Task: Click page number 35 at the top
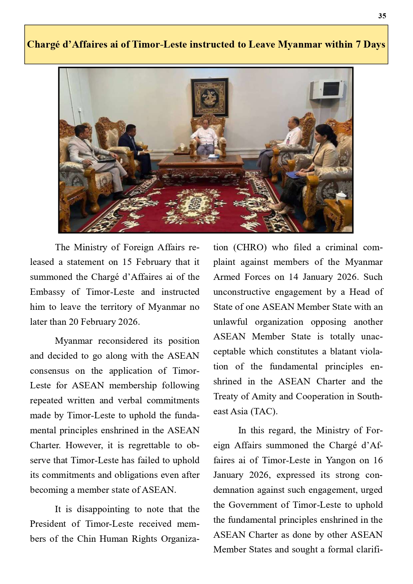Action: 382,16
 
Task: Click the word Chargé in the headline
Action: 43,44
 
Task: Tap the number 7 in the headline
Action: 358,44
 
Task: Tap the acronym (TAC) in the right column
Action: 263,412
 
